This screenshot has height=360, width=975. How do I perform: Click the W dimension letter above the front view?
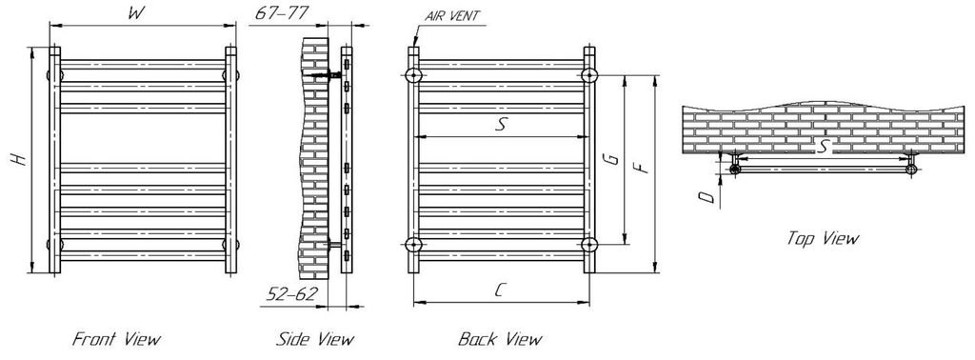pyautogui.click(x=138, y=14)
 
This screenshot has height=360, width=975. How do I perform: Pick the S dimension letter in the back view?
pyautogui.click(x=500, y=125)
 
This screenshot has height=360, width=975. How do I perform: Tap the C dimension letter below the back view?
pyautogui.click(x=500, y=291)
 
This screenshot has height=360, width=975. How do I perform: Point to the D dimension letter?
pyautogui.click(x=704, y=196)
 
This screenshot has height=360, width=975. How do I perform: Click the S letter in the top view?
pyautogui.click(x=825, y=145)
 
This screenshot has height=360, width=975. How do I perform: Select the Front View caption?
pyautogui.click(x=117, y=339)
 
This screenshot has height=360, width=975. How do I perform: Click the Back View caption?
pyautogui.click(x=500, y=339)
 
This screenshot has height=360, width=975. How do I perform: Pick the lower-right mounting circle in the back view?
pyautogui.click(x=591, y=245)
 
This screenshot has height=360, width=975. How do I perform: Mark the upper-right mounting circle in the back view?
pyautogui.click(x=591, y=75)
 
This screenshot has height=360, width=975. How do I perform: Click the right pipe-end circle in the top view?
pyautogui.click(x=911, y=170)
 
